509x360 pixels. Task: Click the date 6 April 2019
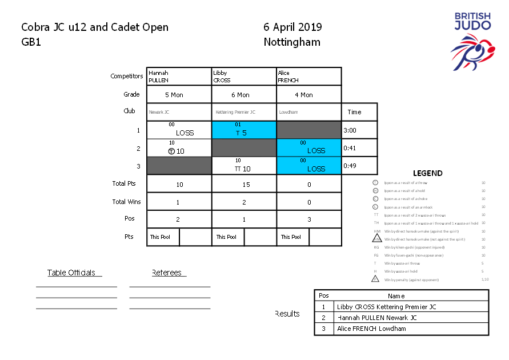(x=292, y=27)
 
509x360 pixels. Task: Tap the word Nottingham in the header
(x=292, y=42)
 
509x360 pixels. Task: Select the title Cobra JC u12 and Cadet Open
(x=95, y=27)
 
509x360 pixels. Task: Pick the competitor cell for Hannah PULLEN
(x=179, y=77)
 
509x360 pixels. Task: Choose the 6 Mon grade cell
(x=244, y=95)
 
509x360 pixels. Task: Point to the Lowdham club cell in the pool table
(x=308, y=113)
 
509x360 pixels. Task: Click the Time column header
(x=359, y=113)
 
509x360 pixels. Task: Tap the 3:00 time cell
(x=359, y=130)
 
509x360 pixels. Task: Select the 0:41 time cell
(x=359, y=148)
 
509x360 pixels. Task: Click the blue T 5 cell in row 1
(x=244, y=130)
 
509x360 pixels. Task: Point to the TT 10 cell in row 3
(x=244, y=166)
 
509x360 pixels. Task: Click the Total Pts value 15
(x=244, y=185)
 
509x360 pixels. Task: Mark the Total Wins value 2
(x=244, y=202)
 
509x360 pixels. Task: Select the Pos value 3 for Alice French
(x=308, y=220)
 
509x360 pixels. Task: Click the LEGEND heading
(x=427, y=173)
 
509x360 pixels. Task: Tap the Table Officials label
(x=71, y=273)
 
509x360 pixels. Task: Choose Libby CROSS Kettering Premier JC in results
(x=387, y=307)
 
